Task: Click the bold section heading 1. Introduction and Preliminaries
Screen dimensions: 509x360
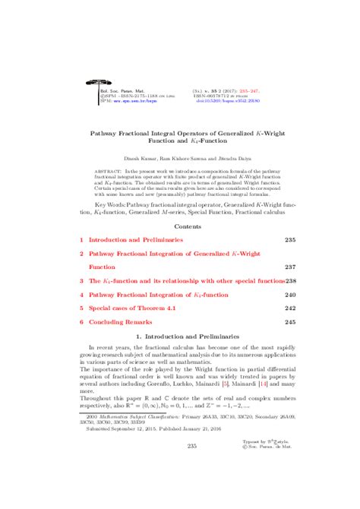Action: (180, 337)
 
